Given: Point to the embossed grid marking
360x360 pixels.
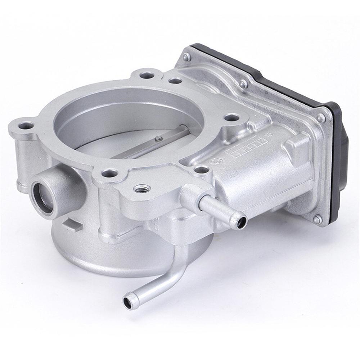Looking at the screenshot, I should click(236, 153).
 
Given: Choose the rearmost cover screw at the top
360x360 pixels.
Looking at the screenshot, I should click(186, 56).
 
